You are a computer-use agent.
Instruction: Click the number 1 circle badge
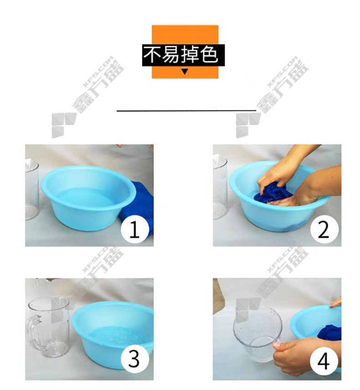click(x=135, y=229)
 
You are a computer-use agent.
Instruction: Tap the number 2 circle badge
click(x=324, y=229)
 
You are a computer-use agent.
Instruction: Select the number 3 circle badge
click(x=135, y=359)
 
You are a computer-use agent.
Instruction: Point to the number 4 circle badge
click(x=324, y=360)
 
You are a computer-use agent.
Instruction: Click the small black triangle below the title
click(x=185, y=72)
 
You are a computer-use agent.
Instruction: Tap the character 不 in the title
click(x=152, y=55)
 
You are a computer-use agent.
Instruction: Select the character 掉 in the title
click(x=190, y=54)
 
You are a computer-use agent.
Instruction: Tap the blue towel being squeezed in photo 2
click(x=272, y=193)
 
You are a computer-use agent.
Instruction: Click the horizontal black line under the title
click(x=186, y=110)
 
